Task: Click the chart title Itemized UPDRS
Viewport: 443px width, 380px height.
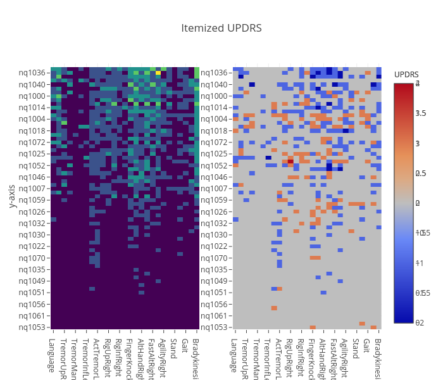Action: [x=221, y=28]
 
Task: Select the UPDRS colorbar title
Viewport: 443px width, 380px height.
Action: [x=406, y=75]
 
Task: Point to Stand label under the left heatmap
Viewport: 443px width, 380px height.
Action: [x=173, y=349]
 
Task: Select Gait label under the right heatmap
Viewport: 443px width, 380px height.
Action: [x=366, y=347]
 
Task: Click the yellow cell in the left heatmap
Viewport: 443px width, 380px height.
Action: [x=158, y=73]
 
